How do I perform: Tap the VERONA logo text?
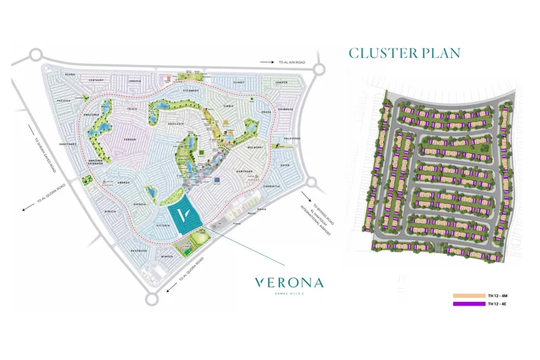(x=289, y=282)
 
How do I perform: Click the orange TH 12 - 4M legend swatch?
(x=468, y=296)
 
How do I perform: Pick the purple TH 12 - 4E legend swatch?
(x=468, y=304)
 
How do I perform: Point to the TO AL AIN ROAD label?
(x=292, y=62)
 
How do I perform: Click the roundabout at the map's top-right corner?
(x=319, y=68)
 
